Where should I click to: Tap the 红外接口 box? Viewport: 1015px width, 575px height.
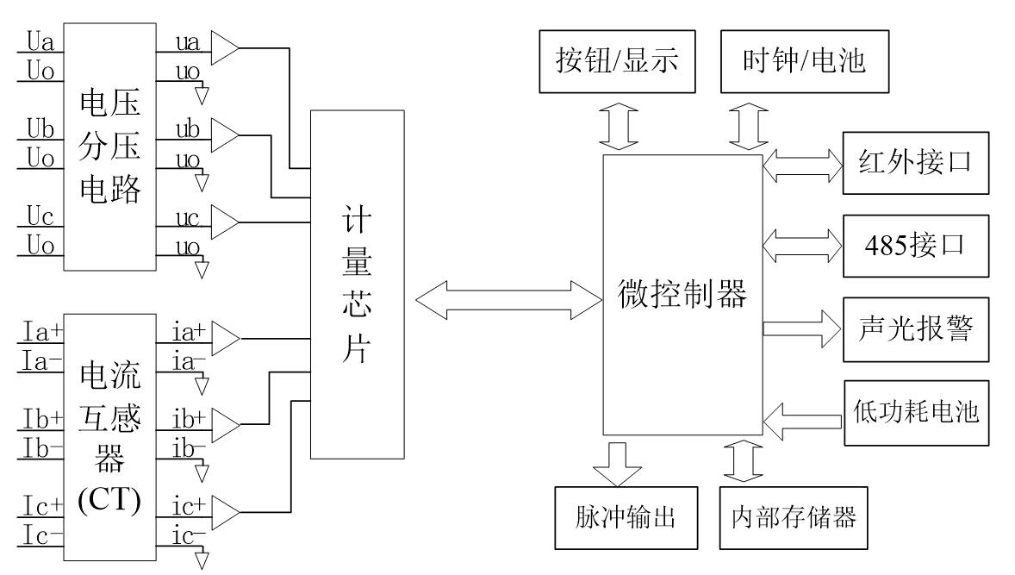pos(913,162)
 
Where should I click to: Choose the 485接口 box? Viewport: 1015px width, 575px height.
pos(913,245)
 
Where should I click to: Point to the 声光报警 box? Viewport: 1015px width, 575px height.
pos(913,328)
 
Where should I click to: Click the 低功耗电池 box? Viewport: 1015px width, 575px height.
pos(913,412)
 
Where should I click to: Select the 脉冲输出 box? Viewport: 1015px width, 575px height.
pos(618,518)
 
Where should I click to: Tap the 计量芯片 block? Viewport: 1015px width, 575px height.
pos(357,284)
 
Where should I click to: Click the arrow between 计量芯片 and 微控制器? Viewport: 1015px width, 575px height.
pos(508,299)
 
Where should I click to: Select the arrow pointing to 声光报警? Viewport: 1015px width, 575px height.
pos(801,328)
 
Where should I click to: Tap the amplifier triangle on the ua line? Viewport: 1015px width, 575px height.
pos(226,50)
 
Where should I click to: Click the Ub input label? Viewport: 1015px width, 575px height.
pos(40,131)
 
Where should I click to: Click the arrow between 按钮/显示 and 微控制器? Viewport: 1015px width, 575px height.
pos(618,126)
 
